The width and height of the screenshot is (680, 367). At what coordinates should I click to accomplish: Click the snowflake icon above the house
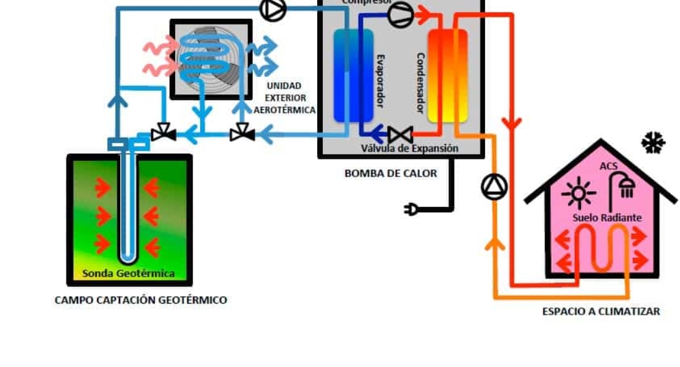(653, 143)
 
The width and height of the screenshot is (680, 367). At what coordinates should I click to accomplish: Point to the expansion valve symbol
(400, 135)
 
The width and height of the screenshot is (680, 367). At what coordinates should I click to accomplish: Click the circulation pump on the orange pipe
(494, 187)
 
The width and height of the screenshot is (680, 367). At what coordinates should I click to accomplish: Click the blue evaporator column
(353, 76)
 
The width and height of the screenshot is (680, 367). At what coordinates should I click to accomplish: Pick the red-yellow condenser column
(447, 76)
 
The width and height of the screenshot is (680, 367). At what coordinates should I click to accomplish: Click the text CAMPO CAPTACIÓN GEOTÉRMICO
(141, 300)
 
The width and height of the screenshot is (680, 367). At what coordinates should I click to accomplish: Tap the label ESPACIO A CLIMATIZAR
(601, 311)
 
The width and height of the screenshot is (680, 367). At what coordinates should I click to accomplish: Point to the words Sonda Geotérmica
(129, 273)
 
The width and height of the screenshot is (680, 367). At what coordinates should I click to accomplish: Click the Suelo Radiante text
(607, 218)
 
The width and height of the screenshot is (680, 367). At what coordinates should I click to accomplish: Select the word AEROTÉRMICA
(284, 110)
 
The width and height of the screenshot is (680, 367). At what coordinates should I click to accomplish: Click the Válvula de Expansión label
(409, 149)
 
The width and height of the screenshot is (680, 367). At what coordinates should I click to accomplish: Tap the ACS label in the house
(608, 166)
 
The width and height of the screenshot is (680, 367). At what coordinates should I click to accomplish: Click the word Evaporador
(381, 80)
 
